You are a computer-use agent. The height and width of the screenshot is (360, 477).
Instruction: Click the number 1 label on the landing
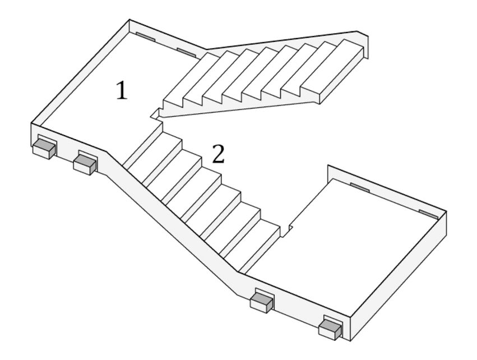pyautogui.click(x=121, y=90)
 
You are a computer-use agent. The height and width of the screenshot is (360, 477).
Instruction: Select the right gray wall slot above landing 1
pyautogui.click(x=186, y=52)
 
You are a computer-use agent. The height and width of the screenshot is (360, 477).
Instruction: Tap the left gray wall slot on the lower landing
pyautogui.click(x=359, y=187)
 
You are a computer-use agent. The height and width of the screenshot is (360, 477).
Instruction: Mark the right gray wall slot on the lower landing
pyautogui.click(x=429, y=213)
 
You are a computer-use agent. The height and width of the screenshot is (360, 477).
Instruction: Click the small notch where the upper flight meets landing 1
pyautogui.click(x=155, y=114)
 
